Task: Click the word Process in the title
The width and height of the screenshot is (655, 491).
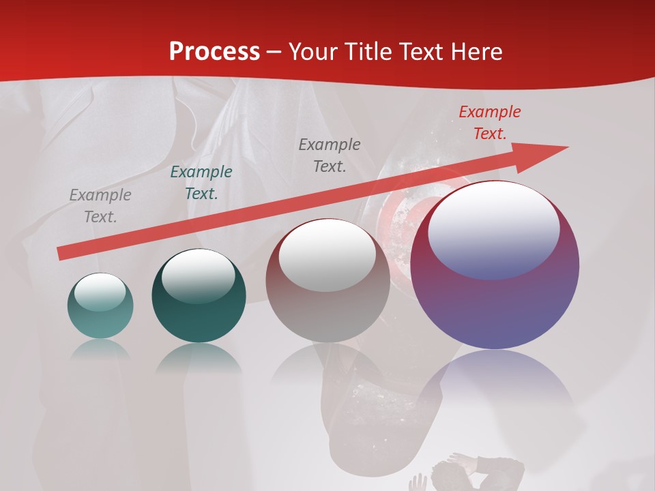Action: click(x=214, y=52)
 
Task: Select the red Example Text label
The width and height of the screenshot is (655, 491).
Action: click(x=489, y=123)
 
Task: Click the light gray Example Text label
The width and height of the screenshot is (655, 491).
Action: click(x=100, y=206)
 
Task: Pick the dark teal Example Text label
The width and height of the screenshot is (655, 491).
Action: click(x=201, y=183)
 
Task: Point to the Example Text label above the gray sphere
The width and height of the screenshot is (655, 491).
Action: click(x=330, y=155)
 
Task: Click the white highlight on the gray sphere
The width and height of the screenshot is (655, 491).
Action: click(x=327, y=254)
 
